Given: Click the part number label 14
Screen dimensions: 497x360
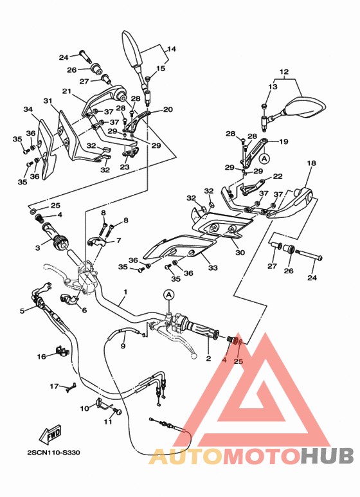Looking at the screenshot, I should [172, 49].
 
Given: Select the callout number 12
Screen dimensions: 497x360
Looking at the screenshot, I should [284, 72].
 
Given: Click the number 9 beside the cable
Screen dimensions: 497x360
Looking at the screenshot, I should [122, 346].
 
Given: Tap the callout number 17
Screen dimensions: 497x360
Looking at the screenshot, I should [55, 386].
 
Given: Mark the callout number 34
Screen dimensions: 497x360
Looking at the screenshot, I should [28, 109].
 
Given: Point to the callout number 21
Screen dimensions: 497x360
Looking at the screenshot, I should [66, 91].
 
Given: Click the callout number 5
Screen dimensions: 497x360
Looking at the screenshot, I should [22, 311].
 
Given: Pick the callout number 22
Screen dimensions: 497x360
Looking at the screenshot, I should [277, 176].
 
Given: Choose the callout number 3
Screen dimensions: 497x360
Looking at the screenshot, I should [37, 248].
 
